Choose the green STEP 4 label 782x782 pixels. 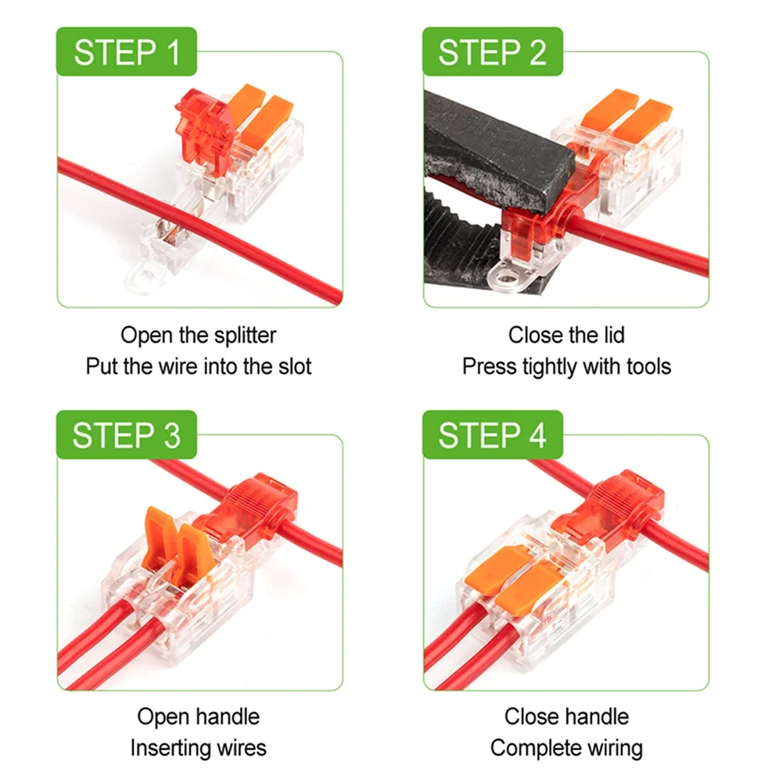(x=492, y=436)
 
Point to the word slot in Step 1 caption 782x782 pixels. (x=291, y=366)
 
